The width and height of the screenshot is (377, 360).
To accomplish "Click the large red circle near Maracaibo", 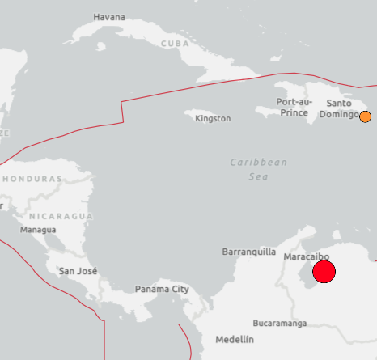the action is pyautogui.click(x=324, y=272).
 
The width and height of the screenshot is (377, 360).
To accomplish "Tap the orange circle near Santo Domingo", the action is pyautogui.click(x=365, y=116).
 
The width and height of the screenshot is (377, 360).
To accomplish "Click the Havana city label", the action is pyautogui.click(x=109, y=17).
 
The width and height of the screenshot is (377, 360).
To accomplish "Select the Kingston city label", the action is pyautogui.click(x=213, y=118).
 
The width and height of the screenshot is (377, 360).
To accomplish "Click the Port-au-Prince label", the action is pyautogui.click(x=293, y=107).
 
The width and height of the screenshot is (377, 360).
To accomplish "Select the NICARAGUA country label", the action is pyautogui.click(x=61, y=216).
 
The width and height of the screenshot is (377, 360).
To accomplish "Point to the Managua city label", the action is pyautogui.click(x=38, y=230).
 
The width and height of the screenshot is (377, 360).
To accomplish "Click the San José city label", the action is pyautogui.click(x=78, y=271).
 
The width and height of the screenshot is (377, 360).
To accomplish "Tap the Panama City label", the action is pyautogui.click(x=162, y=289).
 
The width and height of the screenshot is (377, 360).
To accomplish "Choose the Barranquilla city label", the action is pyautogui.click(x=249, y=252).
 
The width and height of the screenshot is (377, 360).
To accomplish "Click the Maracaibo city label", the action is pyautogui.click(x=307, y=256).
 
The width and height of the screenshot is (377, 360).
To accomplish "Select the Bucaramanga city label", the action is pyautogui.click(x=279, y=323).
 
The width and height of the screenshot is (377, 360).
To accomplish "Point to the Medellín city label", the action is pyautogui.click(x=234, y=340).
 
